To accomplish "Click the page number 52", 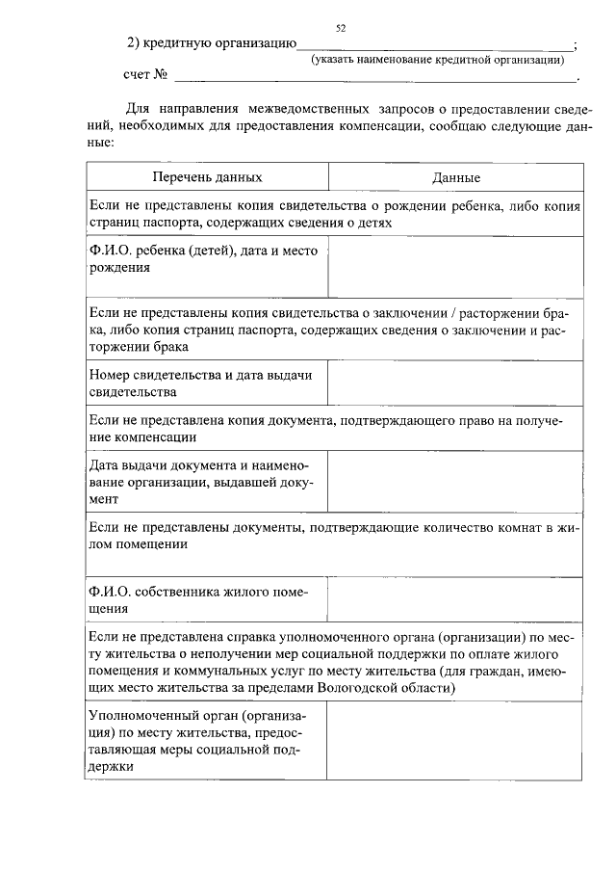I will [x=341, y=29].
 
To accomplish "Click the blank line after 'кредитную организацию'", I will [x=433, y=46].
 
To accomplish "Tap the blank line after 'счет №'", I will [x=374, y=76].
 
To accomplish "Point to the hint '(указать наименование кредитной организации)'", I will [x=436, y=60].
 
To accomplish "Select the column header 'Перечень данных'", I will [x=206, y=177].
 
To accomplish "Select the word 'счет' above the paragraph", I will [x=138, y=75].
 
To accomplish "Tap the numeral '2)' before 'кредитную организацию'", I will [x=135, y=44].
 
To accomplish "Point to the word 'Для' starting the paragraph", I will [x=138, y=109].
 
